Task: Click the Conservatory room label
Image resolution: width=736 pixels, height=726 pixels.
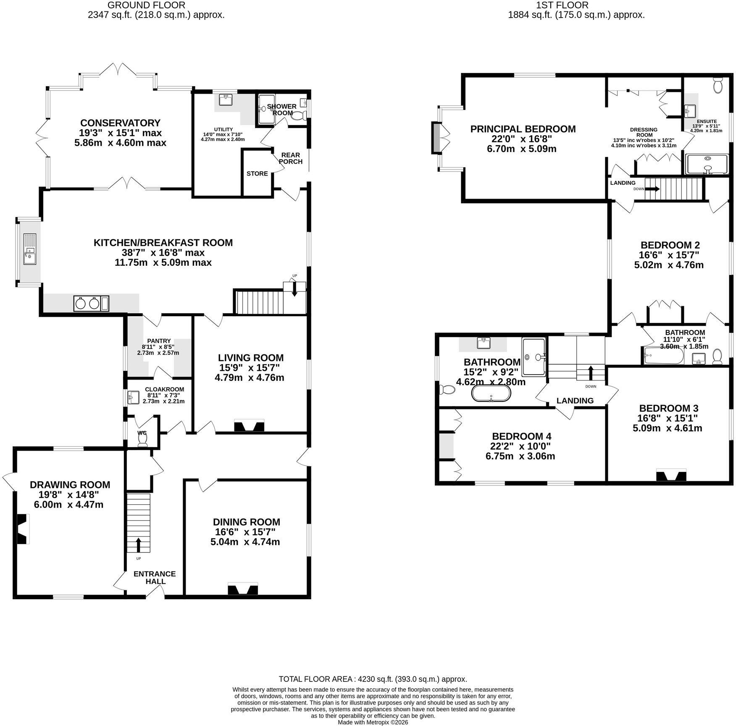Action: point(120,123)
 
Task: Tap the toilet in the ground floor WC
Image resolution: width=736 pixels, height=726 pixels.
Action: point(143,439)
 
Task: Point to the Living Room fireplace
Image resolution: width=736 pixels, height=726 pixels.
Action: point(249,425)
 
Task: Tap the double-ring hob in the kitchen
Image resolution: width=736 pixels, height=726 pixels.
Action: point(91,304)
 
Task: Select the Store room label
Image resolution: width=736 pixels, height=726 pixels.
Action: point(257,173)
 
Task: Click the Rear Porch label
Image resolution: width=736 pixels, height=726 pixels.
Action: point(290,158)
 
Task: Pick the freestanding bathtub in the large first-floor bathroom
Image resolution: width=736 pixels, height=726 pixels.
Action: point(491,394)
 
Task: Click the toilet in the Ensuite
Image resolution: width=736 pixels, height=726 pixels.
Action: point(717,85)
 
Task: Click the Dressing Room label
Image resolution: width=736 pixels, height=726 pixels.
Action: point(644,132)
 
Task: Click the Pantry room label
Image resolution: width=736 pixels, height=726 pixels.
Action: point(159,341)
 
